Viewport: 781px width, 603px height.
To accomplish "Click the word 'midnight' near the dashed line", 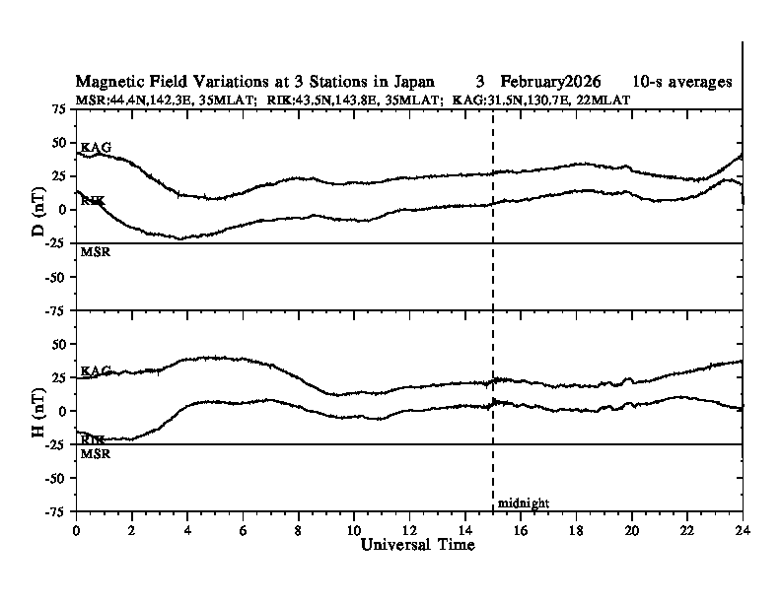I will [523, 503].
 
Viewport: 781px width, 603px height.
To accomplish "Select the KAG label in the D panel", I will [96, 148].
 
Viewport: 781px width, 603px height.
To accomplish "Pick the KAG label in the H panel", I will [96, 371].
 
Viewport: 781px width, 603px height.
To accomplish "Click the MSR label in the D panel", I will [94, 252].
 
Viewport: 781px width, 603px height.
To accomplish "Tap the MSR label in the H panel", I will [94, 454].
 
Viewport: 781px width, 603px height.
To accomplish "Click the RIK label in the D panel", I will [93, 201].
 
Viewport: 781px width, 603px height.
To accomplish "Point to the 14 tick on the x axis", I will [464, 529].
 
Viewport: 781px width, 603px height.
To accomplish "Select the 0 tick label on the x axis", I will [77, 529].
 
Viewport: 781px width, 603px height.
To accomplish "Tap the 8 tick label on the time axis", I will [299, 529].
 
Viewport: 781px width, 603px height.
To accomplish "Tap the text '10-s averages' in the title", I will [682, 81].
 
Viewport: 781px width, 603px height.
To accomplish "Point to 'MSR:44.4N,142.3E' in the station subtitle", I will [127, 100].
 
